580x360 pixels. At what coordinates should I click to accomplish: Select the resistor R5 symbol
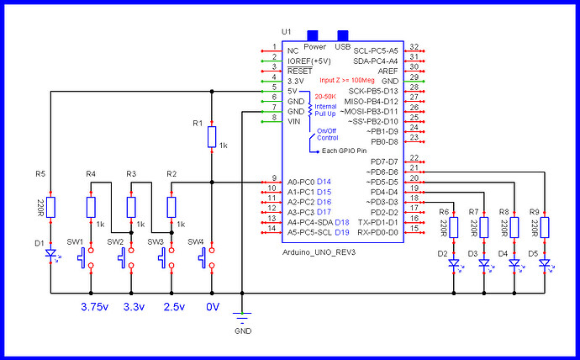click(x=50, y=207)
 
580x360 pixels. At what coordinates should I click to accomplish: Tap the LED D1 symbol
click(x=50, y=252)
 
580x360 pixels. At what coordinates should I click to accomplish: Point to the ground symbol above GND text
click(x=242, y=318)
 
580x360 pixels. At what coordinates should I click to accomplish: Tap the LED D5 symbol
click(x=544, y=263)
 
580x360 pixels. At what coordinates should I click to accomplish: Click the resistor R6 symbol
click(x=454, y=227)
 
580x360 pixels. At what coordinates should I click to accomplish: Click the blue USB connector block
click(x=343, y=35)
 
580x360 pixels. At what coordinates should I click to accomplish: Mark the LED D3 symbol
click(x=483, y=263)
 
